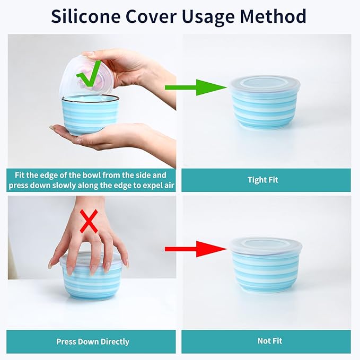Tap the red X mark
point(89,222)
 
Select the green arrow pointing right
point(196,87)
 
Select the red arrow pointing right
point(196,249)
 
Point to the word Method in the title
point(273,16)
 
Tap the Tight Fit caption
point(263,180)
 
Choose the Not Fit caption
point(270,341)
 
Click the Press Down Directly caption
point(93,342)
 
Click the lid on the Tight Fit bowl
point(265,84)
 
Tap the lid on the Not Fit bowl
point(266,245)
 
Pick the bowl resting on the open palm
point(90,115)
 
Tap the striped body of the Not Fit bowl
point(266,272)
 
